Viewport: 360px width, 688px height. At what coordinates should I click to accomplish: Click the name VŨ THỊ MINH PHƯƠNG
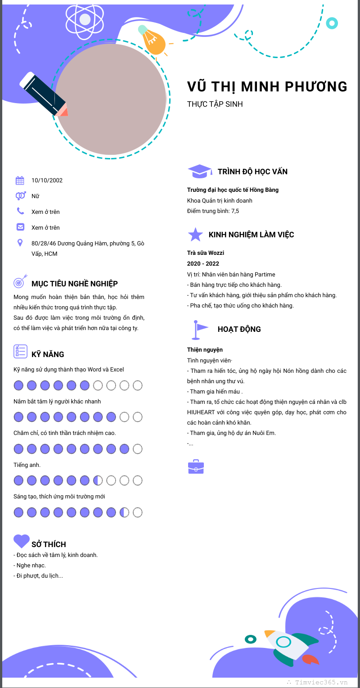point(267,86)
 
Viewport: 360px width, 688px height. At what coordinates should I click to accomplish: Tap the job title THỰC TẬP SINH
point(215,104)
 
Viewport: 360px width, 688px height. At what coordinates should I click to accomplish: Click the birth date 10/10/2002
point(47,181)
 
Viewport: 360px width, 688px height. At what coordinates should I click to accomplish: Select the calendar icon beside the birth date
point(20,181)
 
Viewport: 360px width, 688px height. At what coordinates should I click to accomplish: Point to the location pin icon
point(20,243)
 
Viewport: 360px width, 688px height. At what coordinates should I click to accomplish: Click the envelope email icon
point(20,227)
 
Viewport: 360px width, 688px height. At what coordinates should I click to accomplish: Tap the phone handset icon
point(20,211)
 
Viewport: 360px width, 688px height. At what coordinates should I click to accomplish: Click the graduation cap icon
point(199,171)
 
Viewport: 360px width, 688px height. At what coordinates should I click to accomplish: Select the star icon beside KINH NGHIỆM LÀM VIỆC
point(195,235)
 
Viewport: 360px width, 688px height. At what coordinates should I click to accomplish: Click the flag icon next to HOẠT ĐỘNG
point(198,329)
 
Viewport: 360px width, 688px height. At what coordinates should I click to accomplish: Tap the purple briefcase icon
point(196,467)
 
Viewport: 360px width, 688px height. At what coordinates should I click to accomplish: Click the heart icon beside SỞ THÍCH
point(21,541)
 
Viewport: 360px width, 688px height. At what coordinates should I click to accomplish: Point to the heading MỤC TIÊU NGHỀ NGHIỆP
point(75,284)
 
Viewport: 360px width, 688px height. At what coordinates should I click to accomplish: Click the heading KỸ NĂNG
point(48,354)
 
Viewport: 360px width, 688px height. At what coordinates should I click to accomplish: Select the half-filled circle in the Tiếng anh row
point(98,481)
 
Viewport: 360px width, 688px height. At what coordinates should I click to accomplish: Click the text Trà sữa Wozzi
point(206,253)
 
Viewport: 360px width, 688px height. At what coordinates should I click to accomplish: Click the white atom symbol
point(85,19)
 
